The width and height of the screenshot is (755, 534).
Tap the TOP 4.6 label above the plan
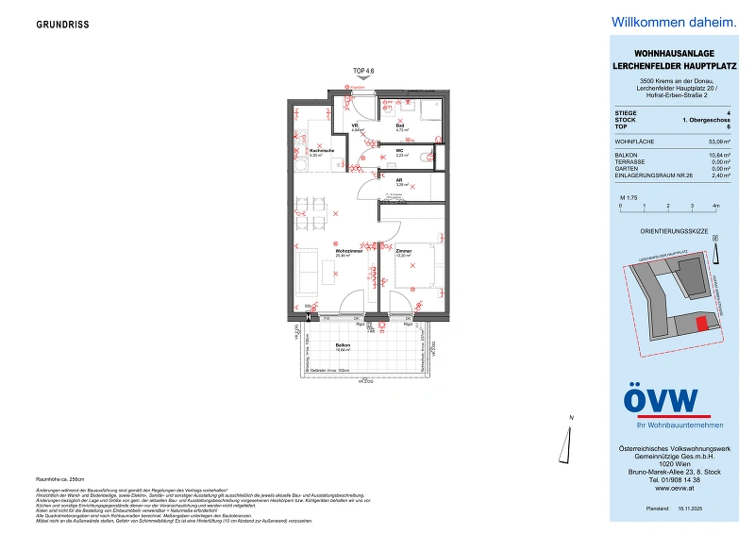point(362,71)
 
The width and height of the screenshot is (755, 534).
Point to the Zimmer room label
point(403,251)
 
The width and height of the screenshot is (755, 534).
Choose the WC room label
point(400,151)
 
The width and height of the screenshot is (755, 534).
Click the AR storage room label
point(400,182)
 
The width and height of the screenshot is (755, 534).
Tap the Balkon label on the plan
point(343,346)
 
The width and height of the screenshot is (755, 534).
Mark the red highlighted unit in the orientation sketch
point(700,324)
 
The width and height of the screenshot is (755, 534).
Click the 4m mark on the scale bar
point(716,205)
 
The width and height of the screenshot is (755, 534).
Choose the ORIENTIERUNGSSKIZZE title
point(660,229)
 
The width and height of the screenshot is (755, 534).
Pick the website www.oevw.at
point(661,489)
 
